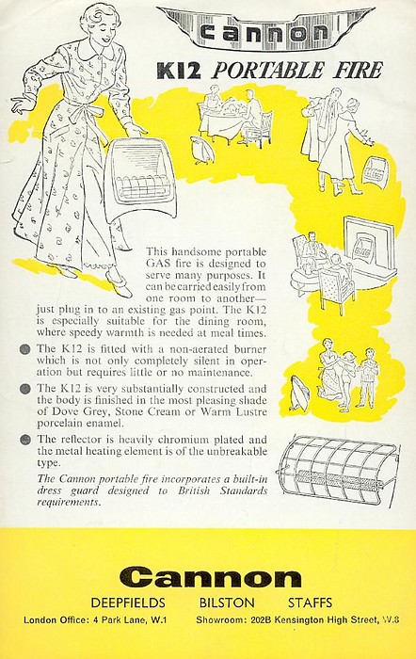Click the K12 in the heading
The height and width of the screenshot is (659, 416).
(179, 71)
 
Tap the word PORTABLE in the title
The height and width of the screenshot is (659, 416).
(268, 71)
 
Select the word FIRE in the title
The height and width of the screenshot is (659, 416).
(358, 71)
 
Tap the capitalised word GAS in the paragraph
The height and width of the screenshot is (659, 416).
(157, 264)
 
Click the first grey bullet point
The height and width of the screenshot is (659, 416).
(25, 349)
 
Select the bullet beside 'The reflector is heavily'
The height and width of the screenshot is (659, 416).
(25, 440)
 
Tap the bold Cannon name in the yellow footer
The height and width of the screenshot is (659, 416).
(211, 578)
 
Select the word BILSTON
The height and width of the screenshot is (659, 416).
(227, 603)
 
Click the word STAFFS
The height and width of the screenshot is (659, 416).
(310, 603)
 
